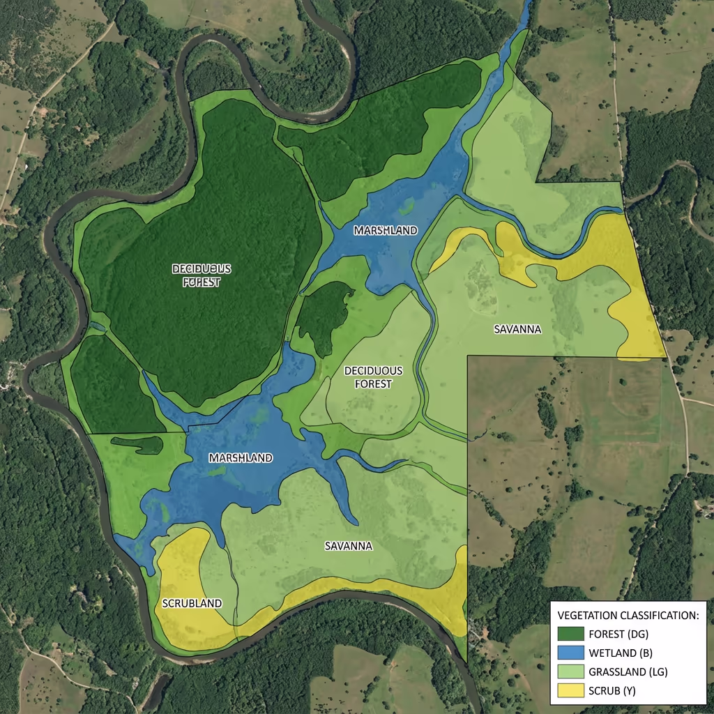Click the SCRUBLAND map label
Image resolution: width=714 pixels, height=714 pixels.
[192, 603]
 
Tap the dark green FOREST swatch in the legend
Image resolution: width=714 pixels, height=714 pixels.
[571, 634]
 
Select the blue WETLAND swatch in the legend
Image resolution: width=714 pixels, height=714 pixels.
[571, 653]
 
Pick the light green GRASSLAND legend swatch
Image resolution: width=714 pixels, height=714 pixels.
[571, 673]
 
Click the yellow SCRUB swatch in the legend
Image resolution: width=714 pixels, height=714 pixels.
[571, 692]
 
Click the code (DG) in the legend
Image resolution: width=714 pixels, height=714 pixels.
[643, 634]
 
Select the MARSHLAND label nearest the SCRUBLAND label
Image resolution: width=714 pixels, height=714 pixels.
[241, 458]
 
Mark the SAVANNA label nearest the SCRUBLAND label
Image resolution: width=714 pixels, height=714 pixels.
[349, 546]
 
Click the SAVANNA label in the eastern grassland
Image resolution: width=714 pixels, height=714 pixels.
[517, 329]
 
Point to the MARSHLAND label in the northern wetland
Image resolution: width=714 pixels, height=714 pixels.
[385, 231]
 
